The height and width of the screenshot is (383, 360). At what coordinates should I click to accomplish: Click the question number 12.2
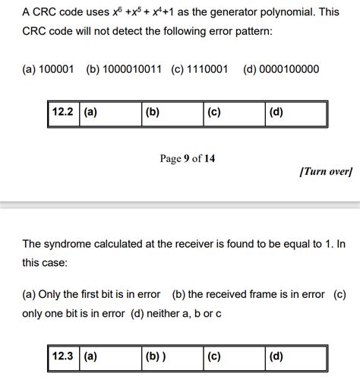(x=62, y=112)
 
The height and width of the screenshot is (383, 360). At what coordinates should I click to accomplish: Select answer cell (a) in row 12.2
(x=110, y=112)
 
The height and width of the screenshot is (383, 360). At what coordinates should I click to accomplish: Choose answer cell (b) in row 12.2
(x=172, y=112)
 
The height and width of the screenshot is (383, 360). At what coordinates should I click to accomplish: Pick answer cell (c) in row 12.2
(x=234, y=112)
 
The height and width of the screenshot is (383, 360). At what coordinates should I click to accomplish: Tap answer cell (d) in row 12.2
(x=296, y=112)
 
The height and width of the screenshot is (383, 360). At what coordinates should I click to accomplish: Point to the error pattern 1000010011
(x=132, y=70)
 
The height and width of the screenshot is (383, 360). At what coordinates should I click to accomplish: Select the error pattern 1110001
(x=207, y=70)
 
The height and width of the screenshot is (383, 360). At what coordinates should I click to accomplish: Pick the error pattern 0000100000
(x=290, y=70)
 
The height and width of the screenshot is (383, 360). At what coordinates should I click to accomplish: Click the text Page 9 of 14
(x=188, y=159)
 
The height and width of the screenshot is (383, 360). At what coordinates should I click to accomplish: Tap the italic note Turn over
(x=326, y=173)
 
